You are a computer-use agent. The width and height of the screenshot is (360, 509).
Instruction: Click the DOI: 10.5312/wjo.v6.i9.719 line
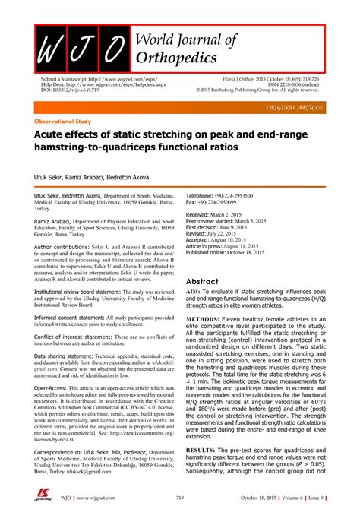point(71,90)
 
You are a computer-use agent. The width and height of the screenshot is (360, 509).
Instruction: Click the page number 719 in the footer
point(180,498)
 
